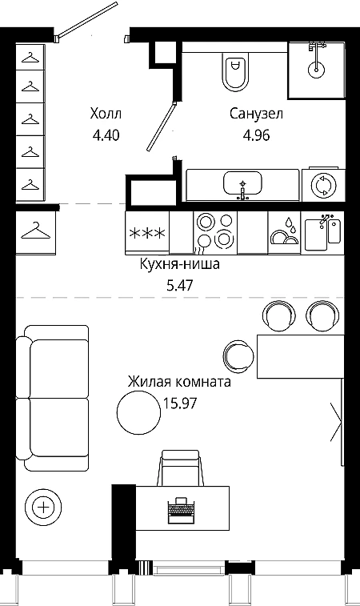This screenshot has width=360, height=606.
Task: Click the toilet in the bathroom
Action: point(234,72)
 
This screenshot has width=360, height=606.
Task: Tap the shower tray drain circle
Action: point(316,70)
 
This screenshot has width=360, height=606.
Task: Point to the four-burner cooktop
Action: point(215,233)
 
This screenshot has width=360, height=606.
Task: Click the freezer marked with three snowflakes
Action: point(147,233)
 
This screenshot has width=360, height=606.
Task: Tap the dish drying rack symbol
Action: point(285,233)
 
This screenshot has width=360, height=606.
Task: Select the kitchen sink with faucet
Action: point(322,233)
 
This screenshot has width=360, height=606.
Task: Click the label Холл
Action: point(106,114)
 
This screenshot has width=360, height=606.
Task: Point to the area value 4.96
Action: point(256,135)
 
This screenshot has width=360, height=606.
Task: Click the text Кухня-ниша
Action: point(180,264)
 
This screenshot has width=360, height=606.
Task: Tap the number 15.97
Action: point(180,403)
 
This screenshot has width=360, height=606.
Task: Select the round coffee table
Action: point(138,412)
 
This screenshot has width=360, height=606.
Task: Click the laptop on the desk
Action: point(180,510)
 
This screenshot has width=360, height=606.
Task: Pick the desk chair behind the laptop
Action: point(180,468)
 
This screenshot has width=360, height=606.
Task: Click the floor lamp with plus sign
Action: point(43,507)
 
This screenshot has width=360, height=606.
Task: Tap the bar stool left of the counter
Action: point(238,355)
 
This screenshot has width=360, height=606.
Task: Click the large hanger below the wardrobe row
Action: point(35,231)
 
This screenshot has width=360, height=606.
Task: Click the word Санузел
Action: point(256,114)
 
